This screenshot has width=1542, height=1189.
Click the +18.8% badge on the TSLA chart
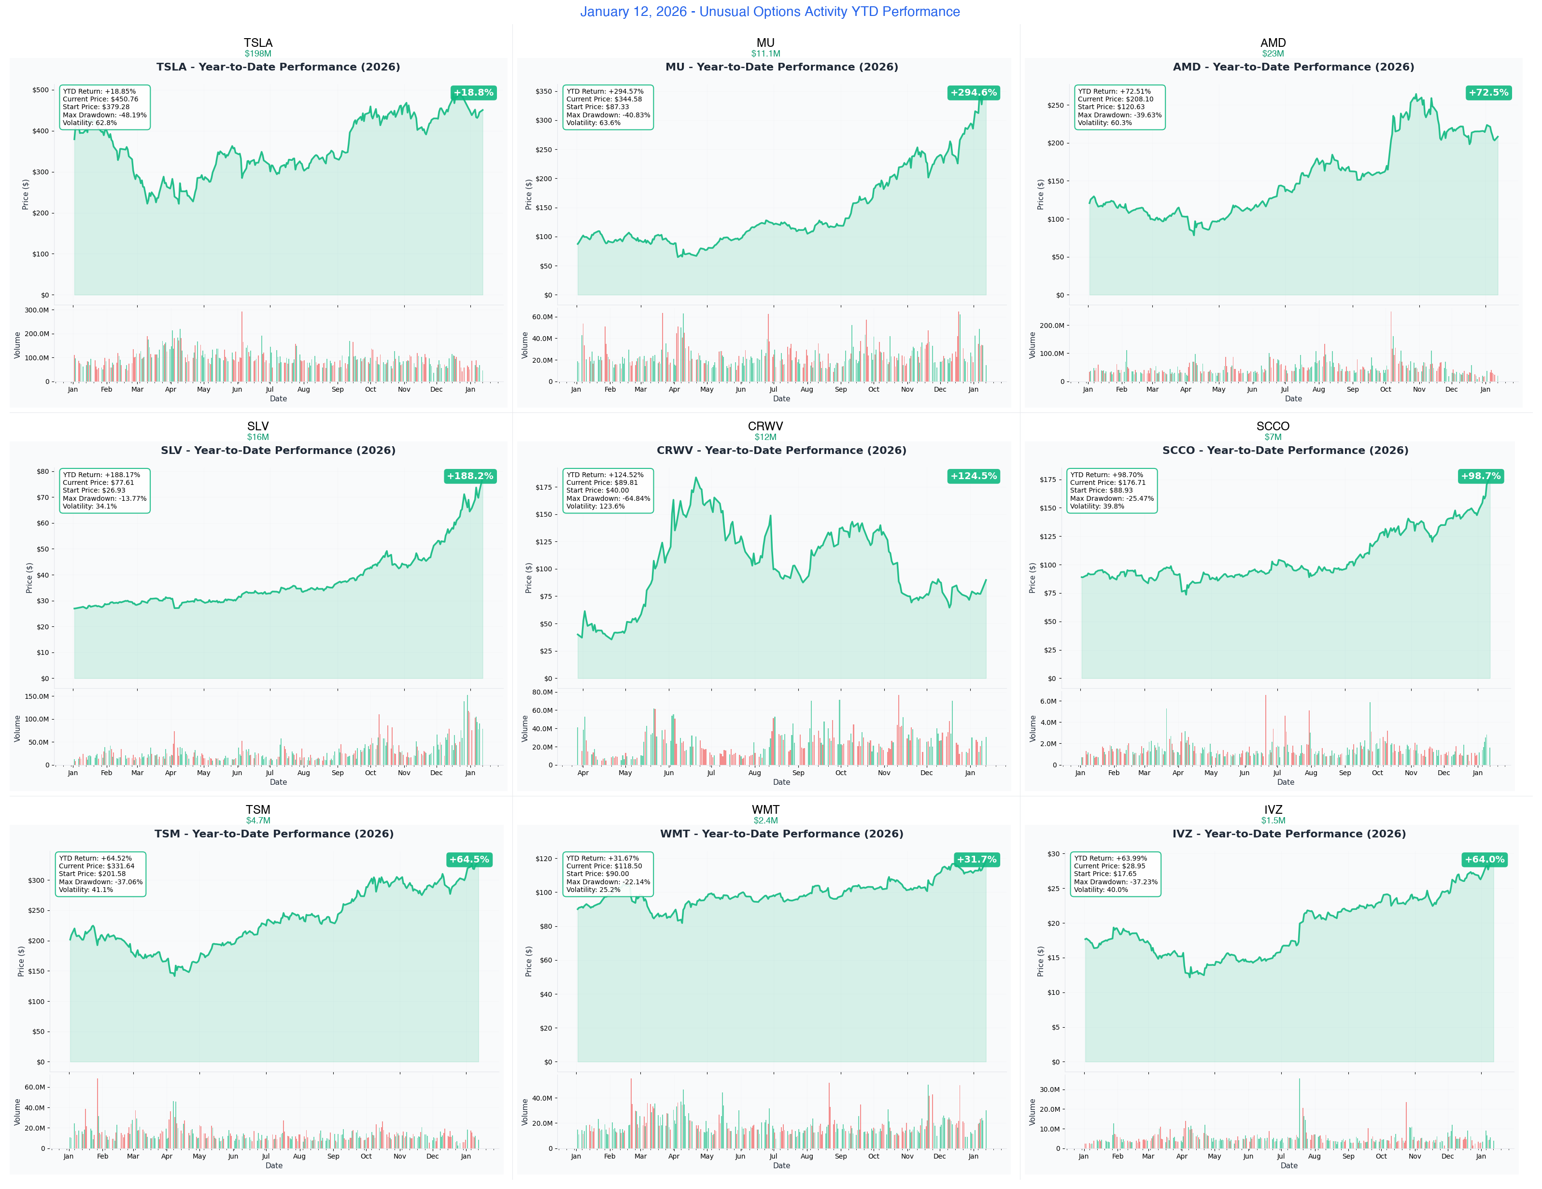[x=473, y=93]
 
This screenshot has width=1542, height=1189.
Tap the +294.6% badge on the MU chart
[x=973, y=93]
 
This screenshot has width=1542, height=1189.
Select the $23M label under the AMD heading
[x=1273, y=54]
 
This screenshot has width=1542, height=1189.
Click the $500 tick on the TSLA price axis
[x=40, y=90]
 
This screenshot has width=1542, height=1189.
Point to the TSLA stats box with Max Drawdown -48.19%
[x=104, y=107]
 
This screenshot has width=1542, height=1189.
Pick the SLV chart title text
[x=278, y=451]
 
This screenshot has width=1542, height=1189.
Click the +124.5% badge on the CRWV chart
[x=973, y=476]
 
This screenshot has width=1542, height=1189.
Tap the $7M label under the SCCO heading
[x=1273, y=437]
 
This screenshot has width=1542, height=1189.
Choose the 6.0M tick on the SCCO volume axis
[x=1048, y=701]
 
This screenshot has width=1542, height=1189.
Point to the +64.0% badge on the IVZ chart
[x=1484, y=859]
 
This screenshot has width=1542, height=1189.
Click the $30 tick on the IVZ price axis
[x=1053, y=854]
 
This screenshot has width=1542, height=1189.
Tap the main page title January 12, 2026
[x=770, y=11]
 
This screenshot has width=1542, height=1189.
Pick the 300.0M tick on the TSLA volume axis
[x=36, y=310]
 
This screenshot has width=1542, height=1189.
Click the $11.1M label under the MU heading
[x=765, y=54]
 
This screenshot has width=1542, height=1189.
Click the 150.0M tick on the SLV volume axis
[x=36, y=696]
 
